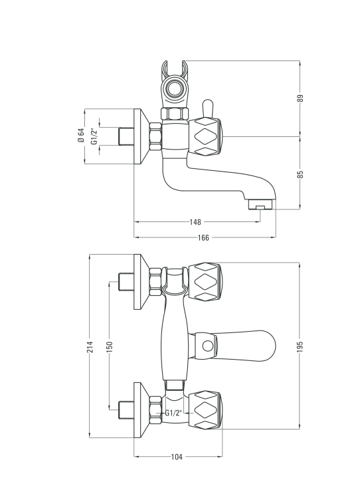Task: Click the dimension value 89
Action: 300,98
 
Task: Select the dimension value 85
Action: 300,174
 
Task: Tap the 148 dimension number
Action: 195,222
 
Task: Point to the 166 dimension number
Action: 203,237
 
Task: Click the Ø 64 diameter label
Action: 81,136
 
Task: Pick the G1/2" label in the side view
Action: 94,136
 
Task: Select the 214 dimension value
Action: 90,346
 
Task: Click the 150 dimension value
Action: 110,346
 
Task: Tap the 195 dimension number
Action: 300,346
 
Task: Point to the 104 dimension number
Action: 177,457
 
